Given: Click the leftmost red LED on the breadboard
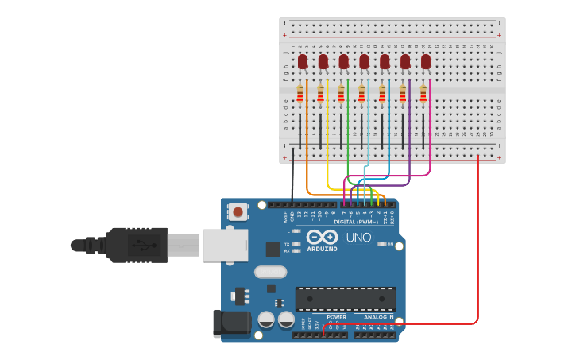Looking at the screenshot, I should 303,61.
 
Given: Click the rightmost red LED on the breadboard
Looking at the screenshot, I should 426,61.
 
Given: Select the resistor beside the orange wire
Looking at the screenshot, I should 300,95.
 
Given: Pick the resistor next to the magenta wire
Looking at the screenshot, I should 423,95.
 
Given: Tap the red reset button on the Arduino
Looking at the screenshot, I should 238,211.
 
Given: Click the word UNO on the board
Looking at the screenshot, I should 358,238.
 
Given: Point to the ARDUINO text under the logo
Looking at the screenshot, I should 322,249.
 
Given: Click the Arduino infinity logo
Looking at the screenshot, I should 322,237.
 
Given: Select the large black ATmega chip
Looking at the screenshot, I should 346,299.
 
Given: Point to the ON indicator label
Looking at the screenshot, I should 390,244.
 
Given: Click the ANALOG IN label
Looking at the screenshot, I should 373,317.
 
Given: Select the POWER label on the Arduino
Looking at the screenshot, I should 336,317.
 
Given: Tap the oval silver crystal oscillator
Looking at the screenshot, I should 270,272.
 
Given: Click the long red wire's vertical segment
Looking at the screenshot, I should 477,238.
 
